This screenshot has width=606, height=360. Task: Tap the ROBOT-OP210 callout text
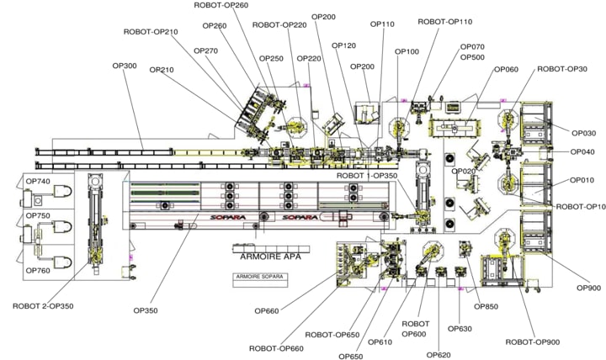(x=151, y=32)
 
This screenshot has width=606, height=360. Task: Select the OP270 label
(x=205, y=50)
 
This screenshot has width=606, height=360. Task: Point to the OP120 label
(x=343, y=45)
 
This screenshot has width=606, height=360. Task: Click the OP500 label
(x=473, y=57)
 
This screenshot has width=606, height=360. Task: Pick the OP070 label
(x=472, y=47)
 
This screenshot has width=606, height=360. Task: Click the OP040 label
(x=582, y=152)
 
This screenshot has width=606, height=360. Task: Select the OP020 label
(x=464, y=172)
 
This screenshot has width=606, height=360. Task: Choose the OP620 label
(x=439, y=355)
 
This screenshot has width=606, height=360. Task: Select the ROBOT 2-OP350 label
(x=43, y=305)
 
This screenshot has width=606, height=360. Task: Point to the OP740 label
(x=38, y=182)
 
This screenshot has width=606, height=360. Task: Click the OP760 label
(x=38, y=246)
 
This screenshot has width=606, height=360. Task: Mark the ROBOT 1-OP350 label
(x=366, y=175)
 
